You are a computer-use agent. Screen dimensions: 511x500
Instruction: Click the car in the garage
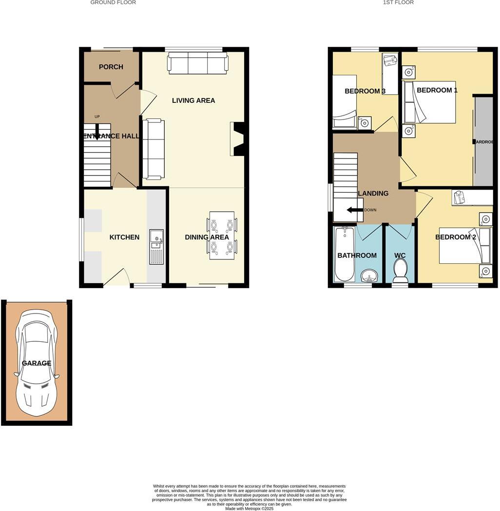click(x=37, y=363)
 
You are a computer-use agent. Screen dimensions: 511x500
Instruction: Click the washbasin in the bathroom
click(x=369, y=276)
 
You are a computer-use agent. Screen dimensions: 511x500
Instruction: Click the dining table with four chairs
click(x=222, y=235)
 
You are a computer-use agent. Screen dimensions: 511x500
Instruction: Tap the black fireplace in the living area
click(x=239, y=139)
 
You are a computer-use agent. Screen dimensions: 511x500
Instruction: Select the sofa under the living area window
click(x=197, y=63)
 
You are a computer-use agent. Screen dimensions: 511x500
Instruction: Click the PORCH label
click(x=111, y=67)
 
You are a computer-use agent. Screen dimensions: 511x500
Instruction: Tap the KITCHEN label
click(x=124, y=237)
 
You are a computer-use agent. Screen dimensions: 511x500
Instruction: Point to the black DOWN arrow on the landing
click(x=355, y=210)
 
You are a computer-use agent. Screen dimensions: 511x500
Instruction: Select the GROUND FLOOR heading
click(x=113, y=2)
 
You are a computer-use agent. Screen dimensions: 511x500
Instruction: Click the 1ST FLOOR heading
click(x=398, y=2)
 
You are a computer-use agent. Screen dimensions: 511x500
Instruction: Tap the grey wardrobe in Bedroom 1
click(x=483, y=141)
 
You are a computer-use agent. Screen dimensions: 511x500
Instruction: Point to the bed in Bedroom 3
click(x=345, y=101)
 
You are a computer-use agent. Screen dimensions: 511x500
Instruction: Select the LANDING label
click(x=373, y=194)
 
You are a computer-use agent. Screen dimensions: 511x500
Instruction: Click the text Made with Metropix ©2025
click(x=250, y=509)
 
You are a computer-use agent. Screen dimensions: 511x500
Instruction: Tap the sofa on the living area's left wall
click(x=153, y=149)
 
